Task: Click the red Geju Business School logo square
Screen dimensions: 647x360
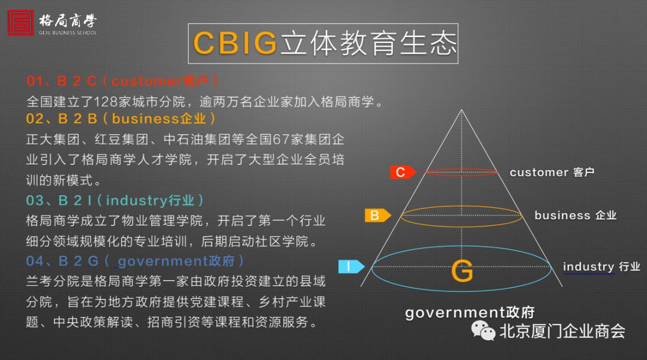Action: coord(20,23)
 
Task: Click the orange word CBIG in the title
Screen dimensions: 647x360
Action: coord(235,43)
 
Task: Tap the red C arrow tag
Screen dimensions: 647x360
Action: coord(403,172)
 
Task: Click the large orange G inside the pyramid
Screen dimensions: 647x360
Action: coord(462,271)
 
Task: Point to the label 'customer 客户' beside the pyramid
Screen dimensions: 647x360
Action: coord(552,172)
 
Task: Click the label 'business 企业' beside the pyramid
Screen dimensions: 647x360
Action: coord(576,215)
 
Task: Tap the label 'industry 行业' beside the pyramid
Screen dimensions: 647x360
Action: coord(601,267)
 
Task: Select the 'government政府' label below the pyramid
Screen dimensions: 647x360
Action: coord(470,313)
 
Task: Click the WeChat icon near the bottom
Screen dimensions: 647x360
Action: coord(483,331)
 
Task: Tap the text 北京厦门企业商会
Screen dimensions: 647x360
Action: coord(563,331)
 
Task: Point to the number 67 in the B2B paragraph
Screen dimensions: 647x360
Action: coord(281,139)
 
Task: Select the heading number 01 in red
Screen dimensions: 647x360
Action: coord(35,81)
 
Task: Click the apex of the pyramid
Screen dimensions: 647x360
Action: coord(461,110)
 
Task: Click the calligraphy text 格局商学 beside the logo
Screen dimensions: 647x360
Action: coord(68,20)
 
